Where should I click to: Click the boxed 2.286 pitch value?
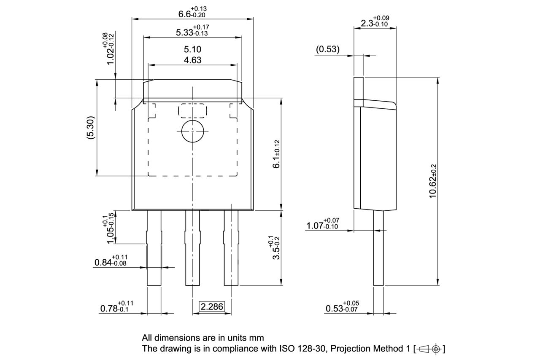212,306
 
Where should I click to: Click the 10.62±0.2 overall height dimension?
433,181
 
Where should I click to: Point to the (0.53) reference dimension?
328,49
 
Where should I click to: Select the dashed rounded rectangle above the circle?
192,111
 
